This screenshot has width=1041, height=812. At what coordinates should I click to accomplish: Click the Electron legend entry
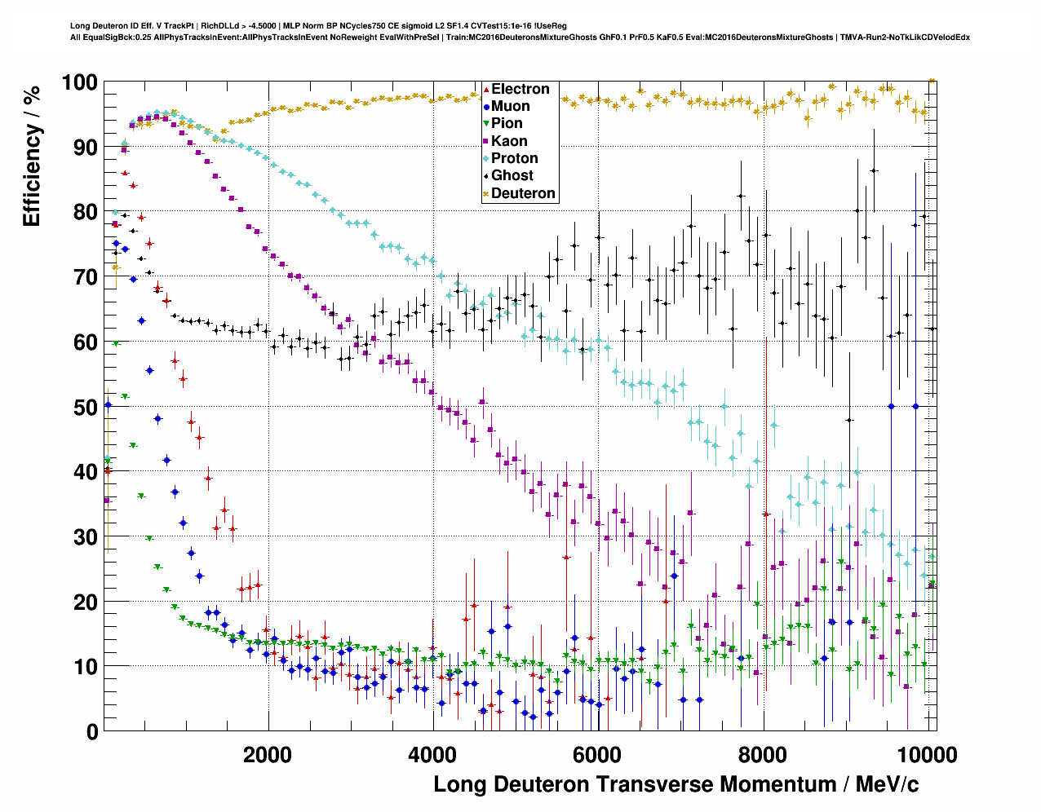pos(520,89)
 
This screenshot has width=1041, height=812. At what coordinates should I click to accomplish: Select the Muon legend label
pos(510,106)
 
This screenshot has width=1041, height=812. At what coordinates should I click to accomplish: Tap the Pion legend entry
pos(507,123)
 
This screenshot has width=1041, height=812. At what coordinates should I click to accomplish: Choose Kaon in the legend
pos(509,141)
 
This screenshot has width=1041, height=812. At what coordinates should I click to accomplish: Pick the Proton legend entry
pos(514,158)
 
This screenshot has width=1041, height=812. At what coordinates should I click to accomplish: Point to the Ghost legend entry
pos(512,175)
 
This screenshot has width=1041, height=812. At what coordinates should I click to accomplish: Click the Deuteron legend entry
pos(523,193)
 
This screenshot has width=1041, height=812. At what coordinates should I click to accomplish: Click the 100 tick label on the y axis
pos(79,82)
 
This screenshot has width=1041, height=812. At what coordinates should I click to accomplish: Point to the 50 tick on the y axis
pos(85,407)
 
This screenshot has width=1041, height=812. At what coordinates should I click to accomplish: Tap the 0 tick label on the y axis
pos(91,731)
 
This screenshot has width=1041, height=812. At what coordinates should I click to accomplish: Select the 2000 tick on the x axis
pos(268,754)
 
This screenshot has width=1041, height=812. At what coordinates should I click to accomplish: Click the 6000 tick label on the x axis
pos(598,754)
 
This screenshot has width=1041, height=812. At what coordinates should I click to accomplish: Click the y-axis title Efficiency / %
pos(32,154)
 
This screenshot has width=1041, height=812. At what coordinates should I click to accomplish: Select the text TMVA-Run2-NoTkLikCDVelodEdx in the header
pos(905,37)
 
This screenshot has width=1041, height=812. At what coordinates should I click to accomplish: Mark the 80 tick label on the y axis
pos(85,212)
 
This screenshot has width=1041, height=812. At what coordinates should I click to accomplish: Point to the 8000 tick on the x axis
pos(763,754)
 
